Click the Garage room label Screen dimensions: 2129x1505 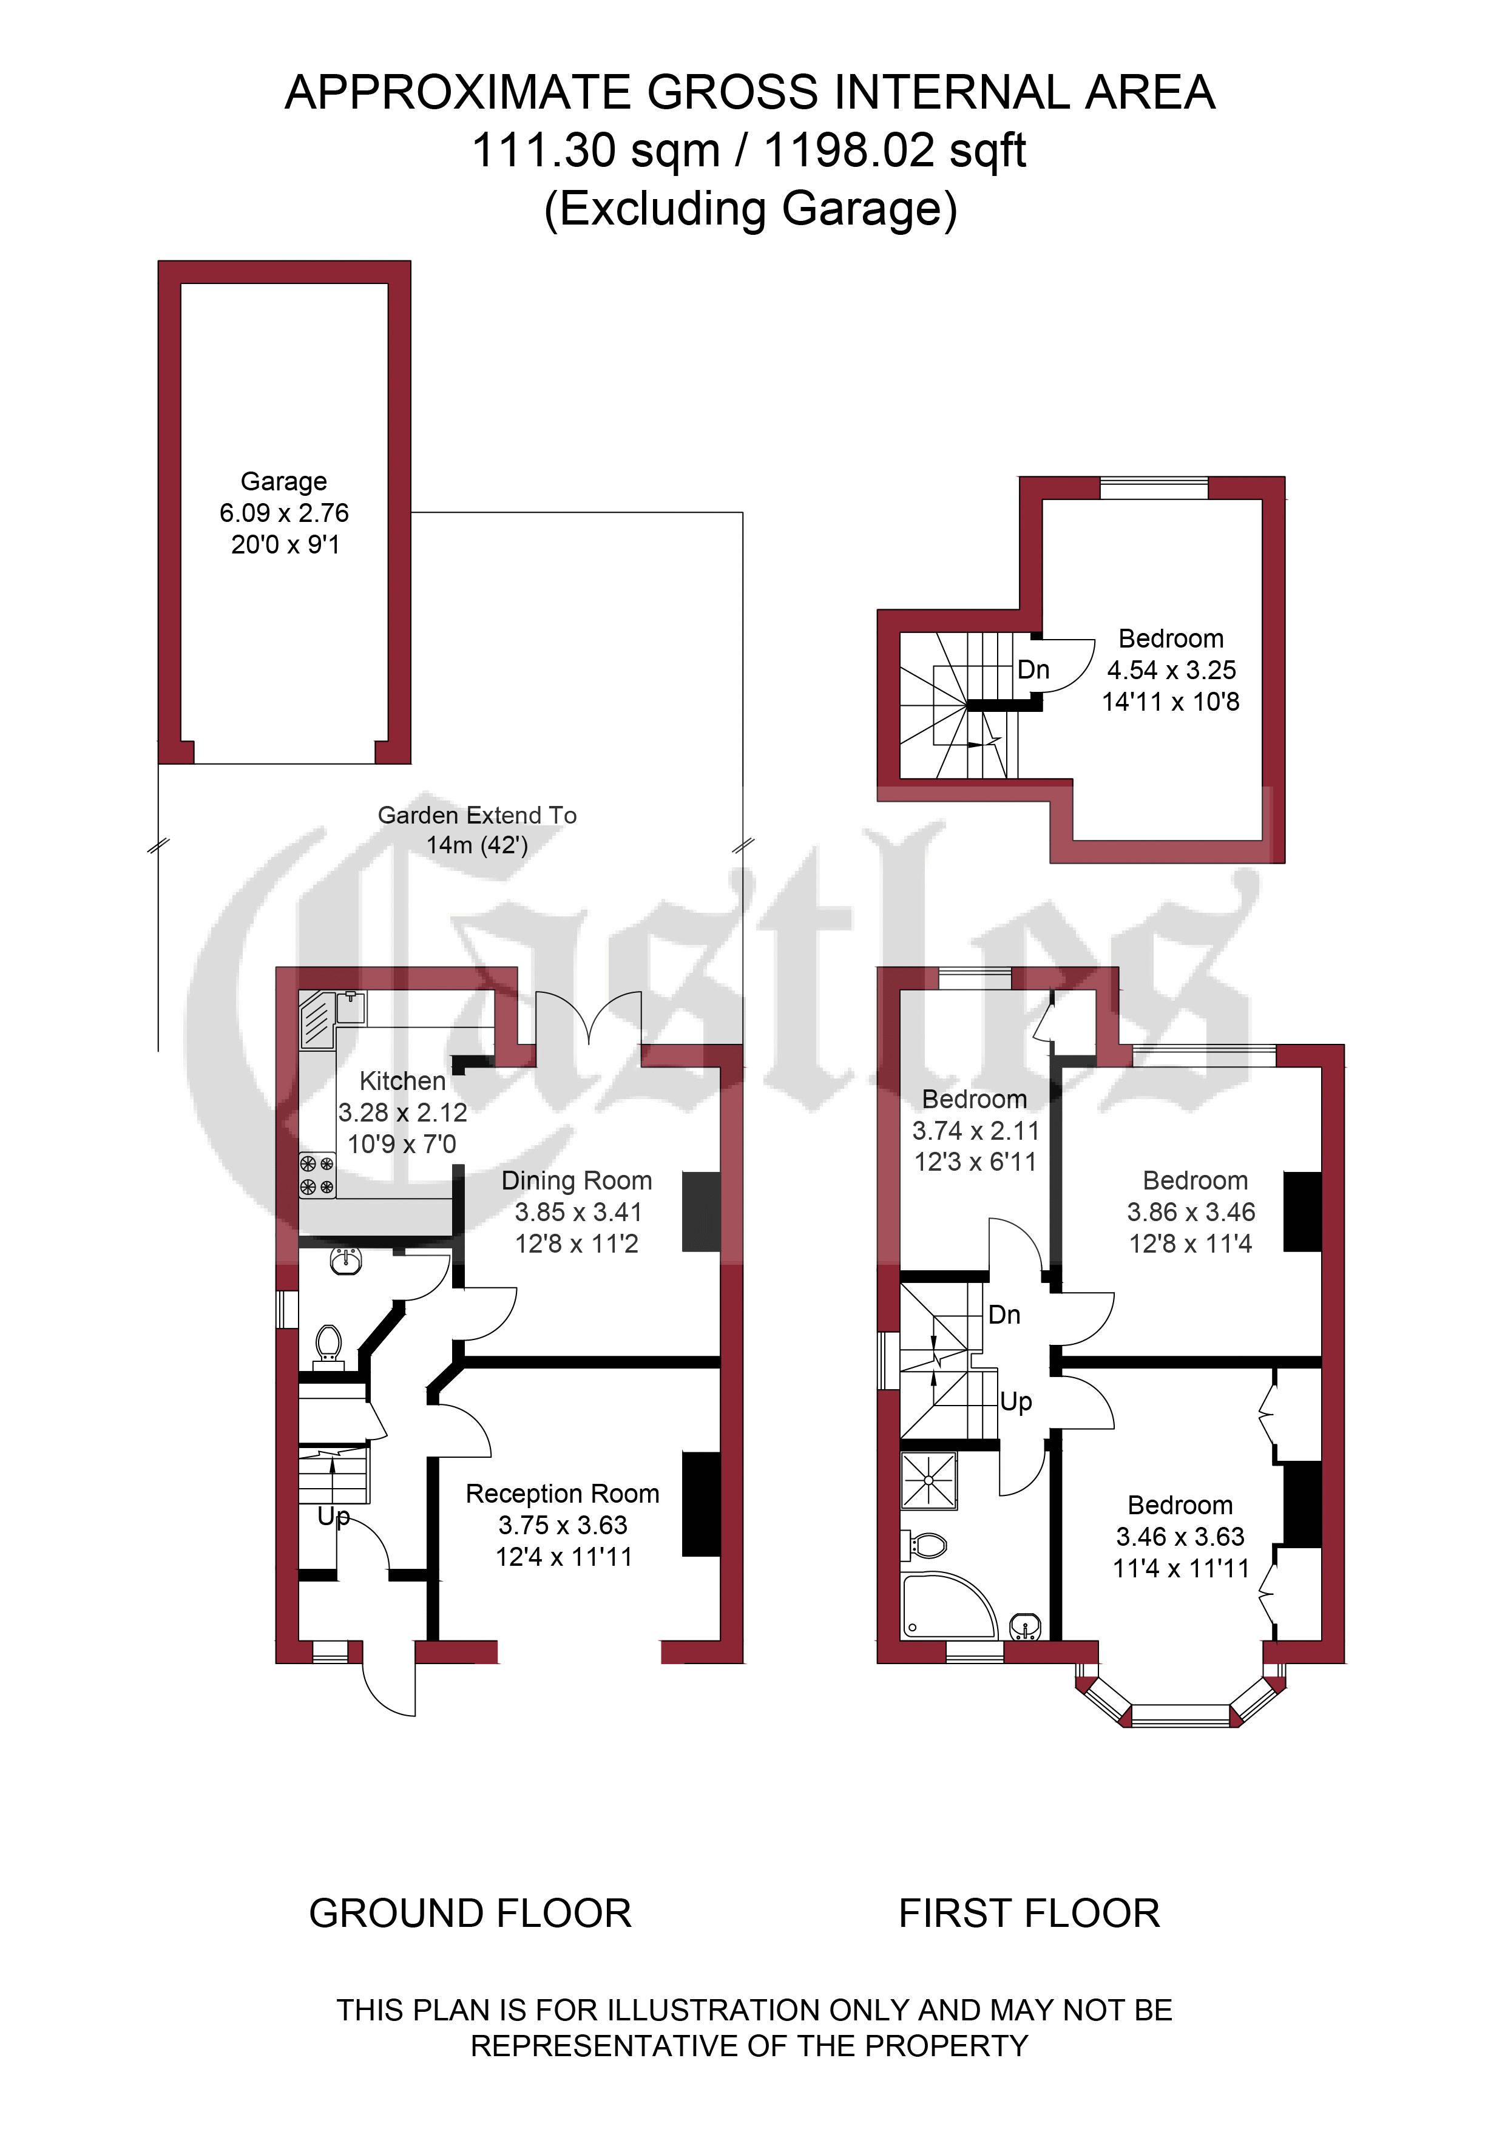click(x=284, y=481)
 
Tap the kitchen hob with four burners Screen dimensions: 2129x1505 click(x=316, y=1175)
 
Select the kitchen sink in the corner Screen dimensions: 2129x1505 click(x=318, y=1019)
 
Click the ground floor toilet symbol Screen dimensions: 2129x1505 click(x=329, y=1344)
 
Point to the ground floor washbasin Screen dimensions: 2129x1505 click(x=345, y=1259)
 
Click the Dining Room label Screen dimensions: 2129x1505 click(x=576, y=1180)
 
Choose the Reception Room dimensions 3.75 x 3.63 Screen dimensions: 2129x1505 click(x=562, y=1525)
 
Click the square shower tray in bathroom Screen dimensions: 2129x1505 click(x=928, y=1481)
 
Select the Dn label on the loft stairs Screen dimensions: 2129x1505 click(x=1033, y=669)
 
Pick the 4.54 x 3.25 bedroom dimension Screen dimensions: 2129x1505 click(x=1171, y=669)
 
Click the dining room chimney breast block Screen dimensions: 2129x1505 click(x=701, y=1212)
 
